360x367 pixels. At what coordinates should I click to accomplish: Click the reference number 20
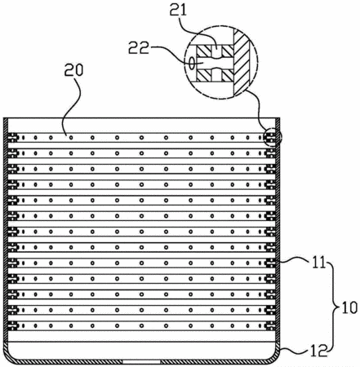(x=73, y=70)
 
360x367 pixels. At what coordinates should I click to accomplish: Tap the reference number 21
(x=178, y=10)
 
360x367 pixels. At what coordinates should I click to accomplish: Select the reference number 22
(x=139, y=47)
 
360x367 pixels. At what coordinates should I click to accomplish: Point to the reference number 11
(x=319, y=263)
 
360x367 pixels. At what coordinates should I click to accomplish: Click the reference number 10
(x=349, y=307)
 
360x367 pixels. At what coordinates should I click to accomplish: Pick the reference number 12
(x=318, y=351)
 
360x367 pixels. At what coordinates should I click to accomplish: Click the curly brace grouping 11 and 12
(x=333, y=307)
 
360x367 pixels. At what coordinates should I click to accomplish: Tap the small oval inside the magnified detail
(x=192, y=63)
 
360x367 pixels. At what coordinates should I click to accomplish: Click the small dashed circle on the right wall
(x=273, y=137)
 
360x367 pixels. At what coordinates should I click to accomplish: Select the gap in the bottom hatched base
(x=141, y=362)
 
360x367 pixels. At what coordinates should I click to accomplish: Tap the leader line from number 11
(x=296, y=260)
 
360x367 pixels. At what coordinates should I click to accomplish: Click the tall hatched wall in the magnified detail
(x=244, y=63)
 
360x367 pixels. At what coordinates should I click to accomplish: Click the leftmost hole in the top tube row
(x=23, y=138)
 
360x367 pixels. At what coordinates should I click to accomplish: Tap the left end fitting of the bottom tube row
(x=13, y=325)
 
